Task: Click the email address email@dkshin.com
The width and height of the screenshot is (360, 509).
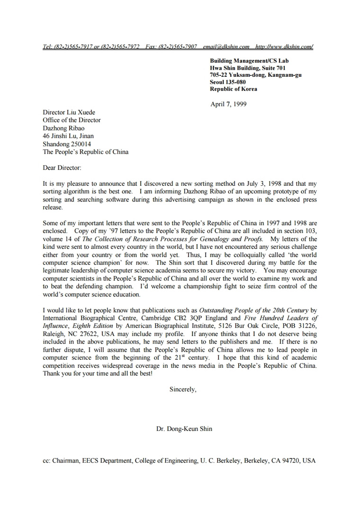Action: tap(226, 46)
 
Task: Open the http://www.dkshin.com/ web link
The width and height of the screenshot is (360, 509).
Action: tap(284, 46)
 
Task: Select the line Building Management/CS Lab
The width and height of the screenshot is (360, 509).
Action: tap(249, 61)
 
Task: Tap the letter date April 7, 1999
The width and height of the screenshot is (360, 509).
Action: tap(228, 104)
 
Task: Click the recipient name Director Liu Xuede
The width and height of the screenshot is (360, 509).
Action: tap(69, 112)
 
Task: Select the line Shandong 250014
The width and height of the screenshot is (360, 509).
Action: tap(67, 144)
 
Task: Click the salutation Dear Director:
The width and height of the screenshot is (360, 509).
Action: tap(62, 168)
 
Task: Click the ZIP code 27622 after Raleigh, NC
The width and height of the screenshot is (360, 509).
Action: tap(95, 334)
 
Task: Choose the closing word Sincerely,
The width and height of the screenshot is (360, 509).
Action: tap(183, 389)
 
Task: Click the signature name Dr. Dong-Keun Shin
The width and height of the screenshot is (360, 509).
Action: tap(184, 429)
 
